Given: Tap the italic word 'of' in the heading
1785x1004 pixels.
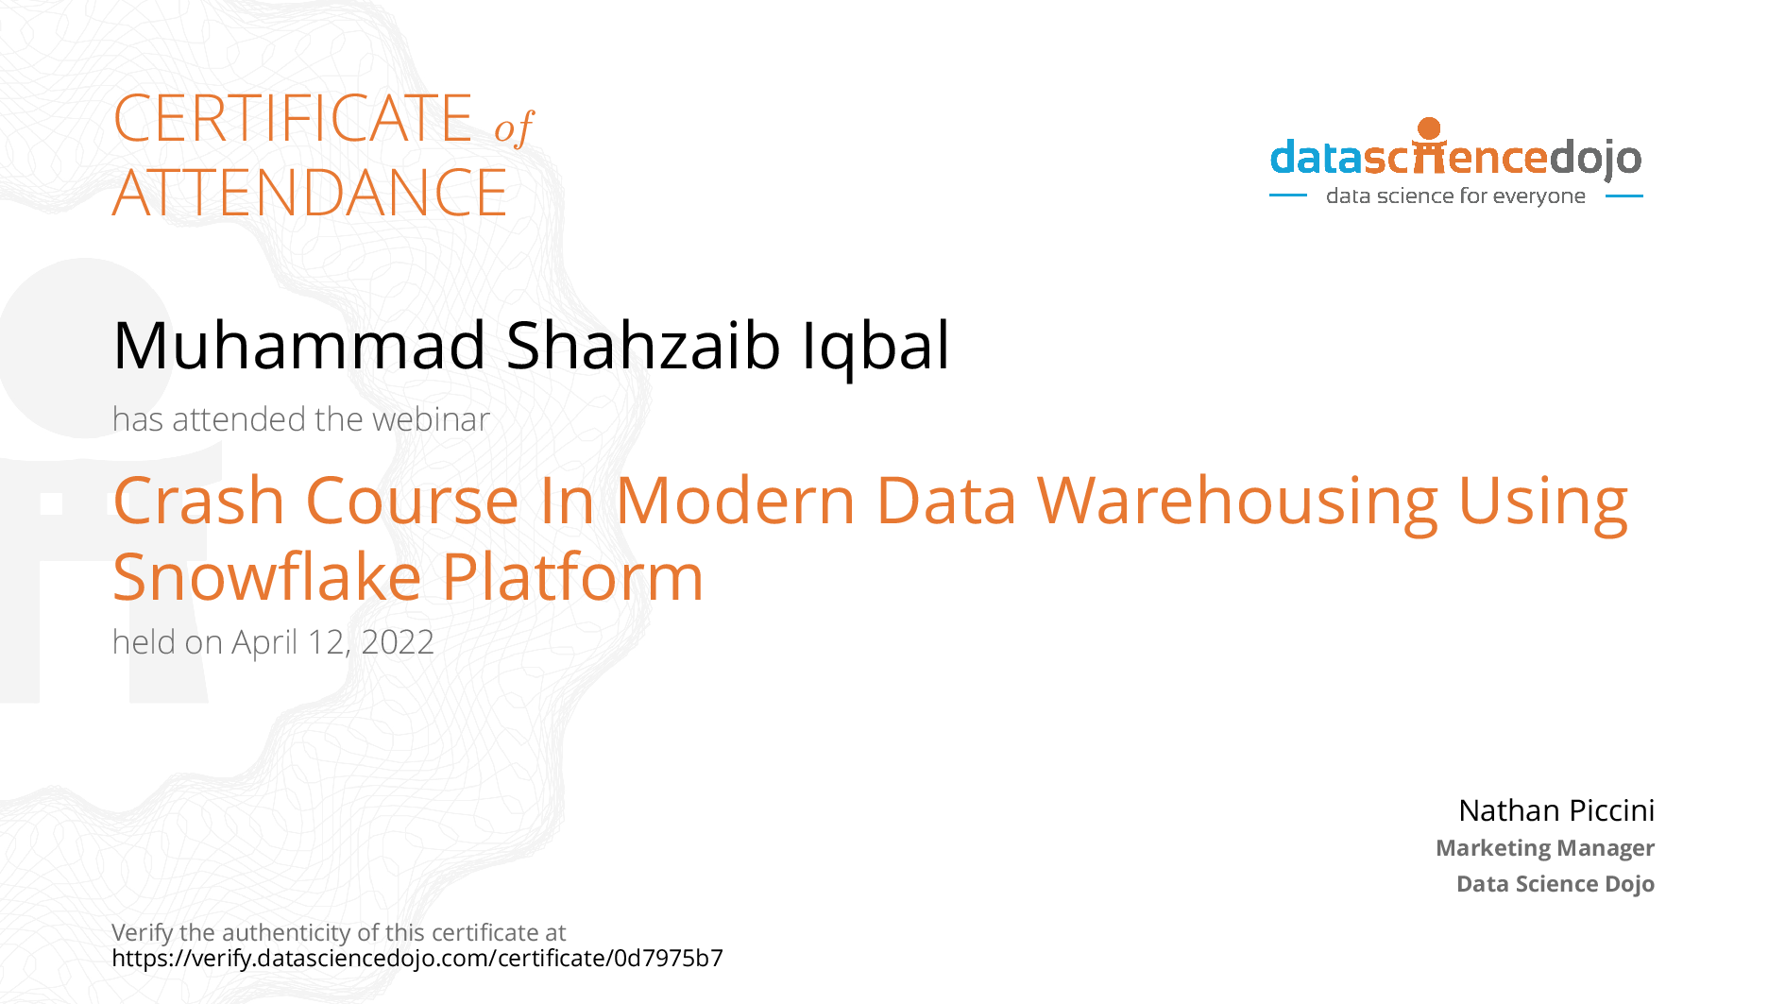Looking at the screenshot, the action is (514, 127).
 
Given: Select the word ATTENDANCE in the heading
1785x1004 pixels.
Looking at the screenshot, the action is (310, 193).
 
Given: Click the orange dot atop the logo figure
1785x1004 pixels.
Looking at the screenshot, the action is (1429, 128).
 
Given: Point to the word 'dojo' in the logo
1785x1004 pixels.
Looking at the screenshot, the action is (1595, 158).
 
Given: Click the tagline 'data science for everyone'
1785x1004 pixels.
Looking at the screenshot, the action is (1455, 196).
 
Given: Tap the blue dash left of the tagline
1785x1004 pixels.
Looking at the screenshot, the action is (1287, 196).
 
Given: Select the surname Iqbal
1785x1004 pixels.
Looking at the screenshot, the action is (875, 346).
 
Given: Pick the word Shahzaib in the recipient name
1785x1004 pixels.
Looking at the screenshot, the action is (643, 345).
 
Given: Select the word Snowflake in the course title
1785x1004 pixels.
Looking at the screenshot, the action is (266, 577).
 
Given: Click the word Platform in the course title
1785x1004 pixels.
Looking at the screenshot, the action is (572, 577).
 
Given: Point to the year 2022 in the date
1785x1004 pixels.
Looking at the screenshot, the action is (398, 642).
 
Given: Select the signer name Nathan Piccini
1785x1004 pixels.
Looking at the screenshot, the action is (1556, 810).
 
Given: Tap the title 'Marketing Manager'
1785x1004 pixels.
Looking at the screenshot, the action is (1545, 848).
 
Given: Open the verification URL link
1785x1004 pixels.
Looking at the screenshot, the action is (417, 959).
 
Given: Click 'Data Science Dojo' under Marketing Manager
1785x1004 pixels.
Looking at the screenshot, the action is (1555, 884).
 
